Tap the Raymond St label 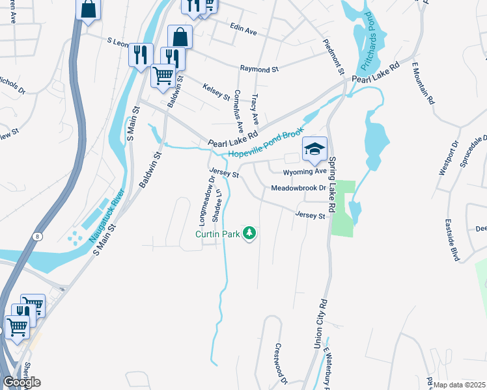(x=258, y=68)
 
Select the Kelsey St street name (x=216, y=91)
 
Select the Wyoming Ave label (x=305, y=172)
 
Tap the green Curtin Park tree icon (x=249, y=233)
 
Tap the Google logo (x=21, y=382)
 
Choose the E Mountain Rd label (x=423, y=83)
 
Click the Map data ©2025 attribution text (x=459, y=385)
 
